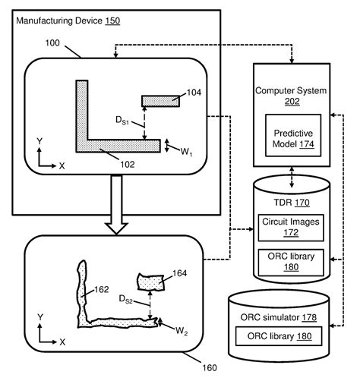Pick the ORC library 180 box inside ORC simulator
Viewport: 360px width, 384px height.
click(x=279, y=335)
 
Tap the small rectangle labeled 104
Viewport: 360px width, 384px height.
click(x=160, y=102)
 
